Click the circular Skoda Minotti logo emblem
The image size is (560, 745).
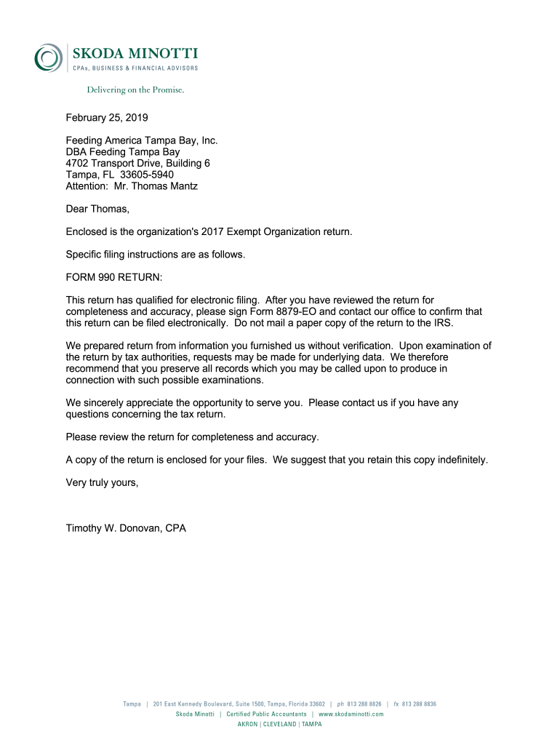[48, 57]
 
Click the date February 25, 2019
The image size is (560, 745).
[107, 118]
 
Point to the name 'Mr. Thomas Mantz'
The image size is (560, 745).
[156, 186]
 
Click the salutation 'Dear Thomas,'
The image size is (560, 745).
[97, 210]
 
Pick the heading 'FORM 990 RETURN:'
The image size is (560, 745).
[114, 277]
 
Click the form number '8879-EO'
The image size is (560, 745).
[296, 311]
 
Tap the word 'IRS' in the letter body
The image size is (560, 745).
[452, 322]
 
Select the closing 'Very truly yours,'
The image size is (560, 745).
[102, 482]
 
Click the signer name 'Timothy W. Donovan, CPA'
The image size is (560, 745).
[126, 528]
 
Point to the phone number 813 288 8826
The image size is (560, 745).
[364, 704]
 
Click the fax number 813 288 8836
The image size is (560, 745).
[419, 704]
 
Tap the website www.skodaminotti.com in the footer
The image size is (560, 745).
[351, 714]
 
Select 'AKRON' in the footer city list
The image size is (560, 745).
[248, 725]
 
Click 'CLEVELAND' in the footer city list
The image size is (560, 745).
[279, 725]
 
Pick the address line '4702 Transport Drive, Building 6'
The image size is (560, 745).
[137, 164]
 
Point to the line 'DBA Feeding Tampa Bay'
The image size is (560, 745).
[123, 152]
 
